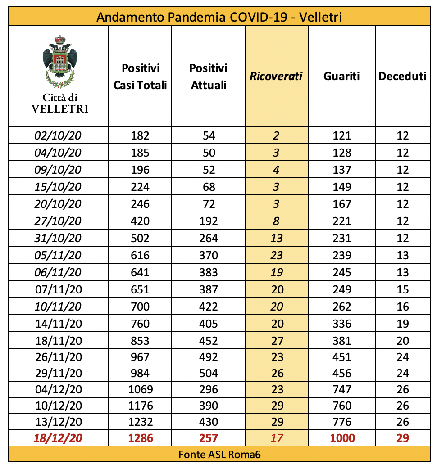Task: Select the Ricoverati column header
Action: click(x=276, y=76)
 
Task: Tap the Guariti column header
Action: click(x=341, y=76)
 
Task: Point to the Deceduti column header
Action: click(x=402, y=76)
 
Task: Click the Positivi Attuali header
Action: click(x=209, y=77)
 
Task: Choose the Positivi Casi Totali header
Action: click(x=140, y=77)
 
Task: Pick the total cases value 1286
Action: click(x=140, y=437)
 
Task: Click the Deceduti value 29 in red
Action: click(x=402, y=437)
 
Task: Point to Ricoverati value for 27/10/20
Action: click(x=277, y=221)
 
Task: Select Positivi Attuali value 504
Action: click(x=209, y=373)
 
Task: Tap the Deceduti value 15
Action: click(x=402, y=289)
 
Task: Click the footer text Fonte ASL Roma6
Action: click(x=219, y=454)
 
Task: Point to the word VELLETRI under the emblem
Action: click(x=59, y=108)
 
